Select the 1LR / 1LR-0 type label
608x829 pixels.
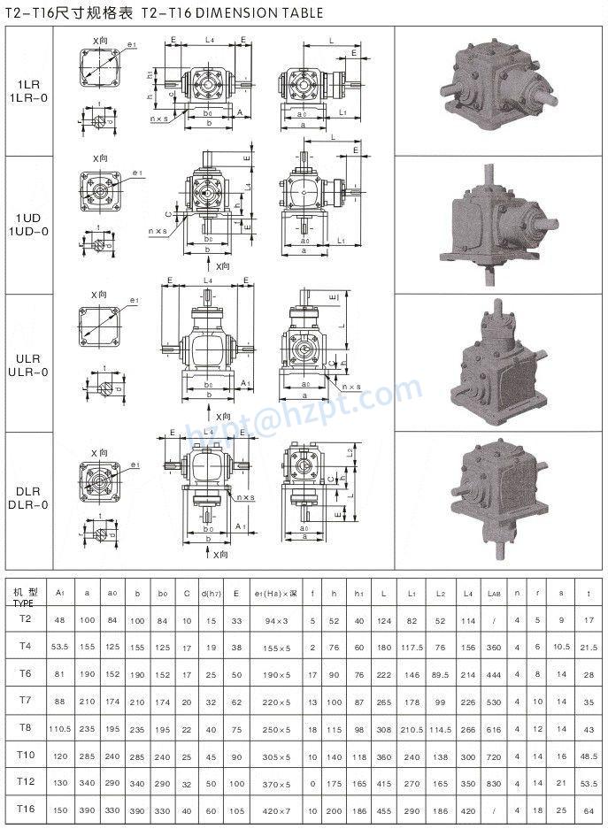coord(27,92)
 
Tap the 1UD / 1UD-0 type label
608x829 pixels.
coord(27,226)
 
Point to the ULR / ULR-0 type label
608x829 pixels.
coord(27,365)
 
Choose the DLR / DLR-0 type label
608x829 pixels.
coord(27,498)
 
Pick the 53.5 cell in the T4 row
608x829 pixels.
coord(59,647)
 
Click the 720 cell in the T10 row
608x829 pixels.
coord(493,758)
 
